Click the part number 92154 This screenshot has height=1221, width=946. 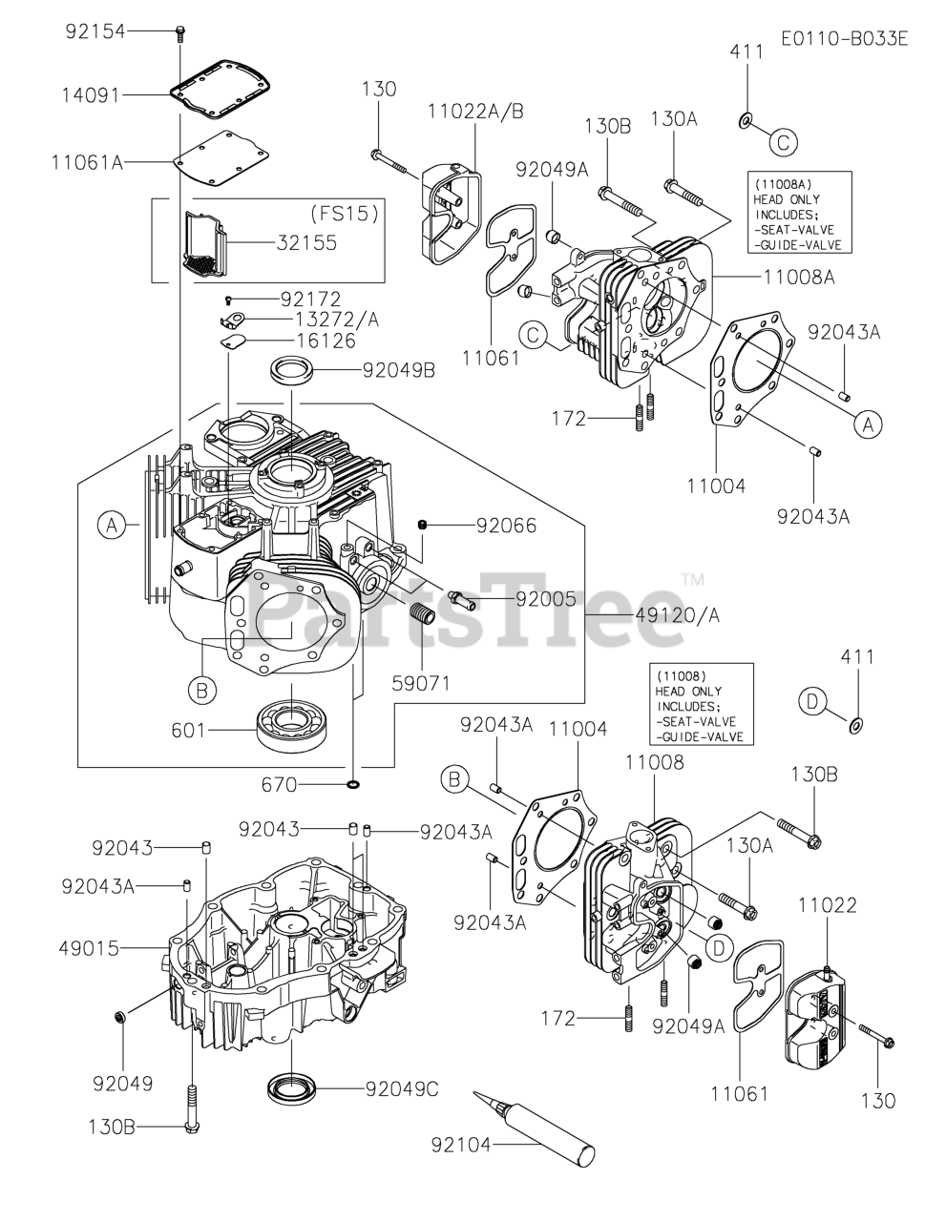tap(95, 31)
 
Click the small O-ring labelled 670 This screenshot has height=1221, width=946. tap(353, 785)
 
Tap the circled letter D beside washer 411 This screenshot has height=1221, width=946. tap(811, 702)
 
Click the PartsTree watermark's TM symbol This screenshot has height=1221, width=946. tap(693, 578)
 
